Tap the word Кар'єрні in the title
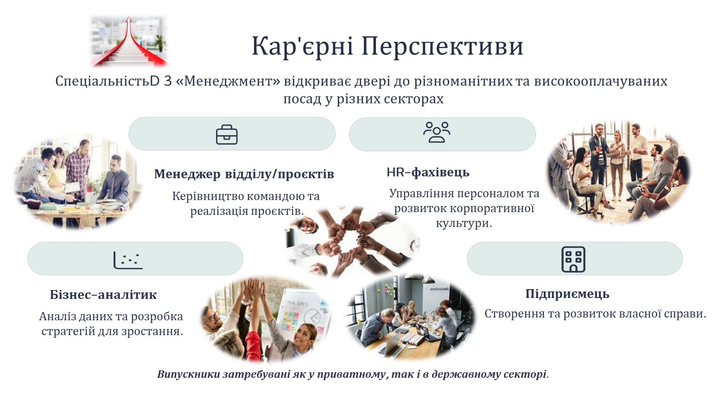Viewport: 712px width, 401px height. (302, 46)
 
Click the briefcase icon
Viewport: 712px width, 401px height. (227, 135)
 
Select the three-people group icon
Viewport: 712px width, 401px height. (437, 132)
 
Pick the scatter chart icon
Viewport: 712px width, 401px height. (128, 260)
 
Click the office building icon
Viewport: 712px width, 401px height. (573, 259)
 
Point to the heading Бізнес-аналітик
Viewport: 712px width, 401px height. (103, 295)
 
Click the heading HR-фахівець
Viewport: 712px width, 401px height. (428, 172)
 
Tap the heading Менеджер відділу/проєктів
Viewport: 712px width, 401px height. (244, 174)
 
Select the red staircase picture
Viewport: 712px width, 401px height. (129, 41)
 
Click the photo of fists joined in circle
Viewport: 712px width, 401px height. (351, 243)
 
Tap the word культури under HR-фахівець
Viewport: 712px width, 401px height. (464, 223)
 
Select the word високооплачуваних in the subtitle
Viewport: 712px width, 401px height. (600, 82)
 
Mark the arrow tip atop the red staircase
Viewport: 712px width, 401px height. (128, 17)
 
